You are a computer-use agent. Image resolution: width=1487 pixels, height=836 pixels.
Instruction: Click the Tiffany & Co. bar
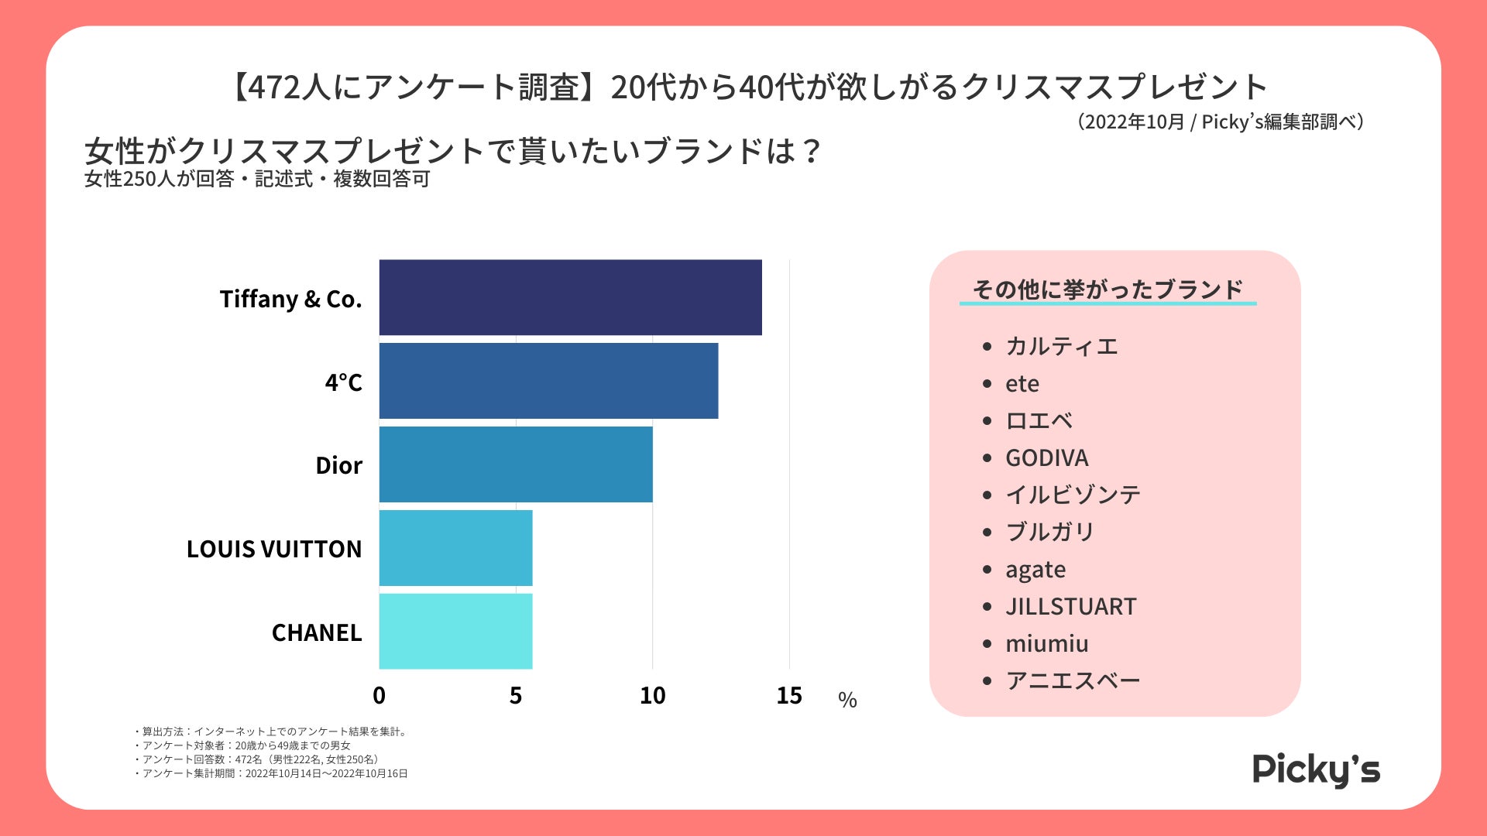tap(570, 297)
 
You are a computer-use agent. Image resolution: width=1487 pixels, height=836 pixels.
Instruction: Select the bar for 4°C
tap(548, 381)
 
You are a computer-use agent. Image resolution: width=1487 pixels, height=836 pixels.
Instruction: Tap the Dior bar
tap(516, 464)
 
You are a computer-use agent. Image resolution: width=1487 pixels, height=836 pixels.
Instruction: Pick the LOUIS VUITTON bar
tap(455, 548)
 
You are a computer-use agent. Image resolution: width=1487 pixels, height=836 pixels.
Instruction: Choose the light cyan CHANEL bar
tap(455, 631)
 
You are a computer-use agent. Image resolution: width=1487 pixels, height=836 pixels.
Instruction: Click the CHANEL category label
tap(316, 632)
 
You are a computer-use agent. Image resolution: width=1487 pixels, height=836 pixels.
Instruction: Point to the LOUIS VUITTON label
tap(273, 549)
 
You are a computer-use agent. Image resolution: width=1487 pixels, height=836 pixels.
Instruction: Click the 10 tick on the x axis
tap(652, 696)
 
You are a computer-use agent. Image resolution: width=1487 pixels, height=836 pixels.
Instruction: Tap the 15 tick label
tap(788, 696)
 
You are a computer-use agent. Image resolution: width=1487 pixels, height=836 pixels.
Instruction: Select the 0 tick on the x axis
tap(379, 696)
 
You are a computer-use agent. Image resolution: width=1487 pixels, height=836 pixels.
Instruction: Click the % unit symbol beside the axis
tap(847, 701)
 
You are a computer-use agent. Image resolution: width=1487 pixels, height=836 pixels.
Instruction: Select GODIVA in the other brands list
tap(1046, 458)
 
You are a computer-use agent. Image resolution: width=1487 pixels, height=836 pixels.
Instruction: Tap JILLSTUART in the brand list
tap(1070, 607)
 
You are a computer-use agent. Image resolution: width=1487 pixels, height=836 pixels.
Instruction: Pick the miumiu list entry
tap(1046, 644)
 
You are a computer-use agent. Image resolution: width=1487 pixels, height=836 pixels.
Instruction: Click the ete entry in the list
tap(1022, 384)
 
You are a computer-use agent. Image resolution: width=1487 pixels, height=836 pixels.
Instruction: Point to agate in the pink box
tap(1035, 570)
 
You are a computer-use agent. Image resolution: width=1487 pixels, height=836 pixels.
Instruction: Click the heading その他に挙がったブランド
tap(1108, 290)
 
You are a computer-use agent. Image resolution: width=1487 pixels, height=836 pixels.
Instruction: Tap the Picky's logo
tap(1316, 769)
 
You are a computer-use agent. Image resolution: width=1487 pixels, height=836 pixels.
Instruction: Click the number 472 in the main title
tap(273, 87)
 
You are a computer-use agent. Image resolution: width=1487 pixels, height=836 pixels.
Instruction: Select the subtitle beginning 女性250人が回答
tap(256, 180)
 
